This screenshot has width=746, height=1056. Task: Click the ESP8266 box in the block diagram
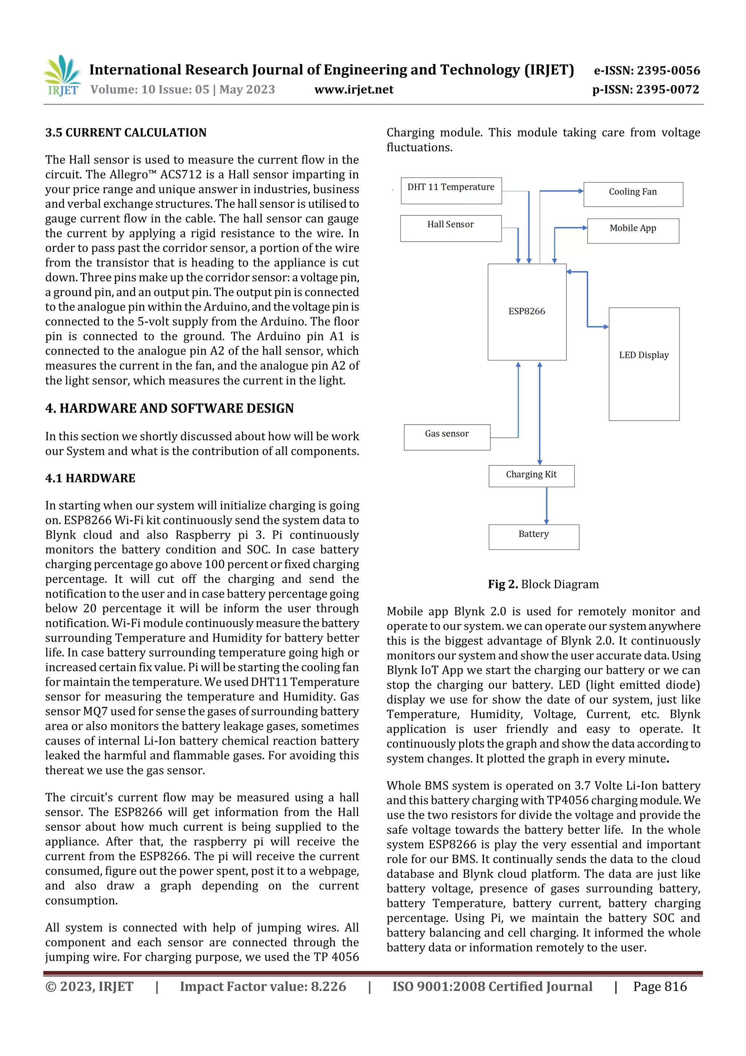tap(527, 312)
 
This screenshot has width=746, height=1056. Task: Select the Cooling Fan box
tap(633, 194)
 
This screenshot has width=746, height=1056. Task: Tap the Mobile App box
tap(633, 230)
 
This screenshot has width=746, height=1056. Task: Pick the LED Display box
tap(644, 363)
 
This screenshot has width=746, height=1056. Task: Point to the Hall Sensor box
tap(451, 228)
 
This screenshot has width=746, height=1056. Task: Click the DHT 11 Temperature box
tap(451, 190)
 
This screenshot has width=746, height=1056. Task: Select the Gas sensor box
tap(447, 437)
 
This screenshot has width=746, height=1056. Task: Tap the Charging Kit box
tap(531, 476)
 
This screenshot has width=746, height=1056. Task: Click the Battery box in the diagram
tap(534, 537)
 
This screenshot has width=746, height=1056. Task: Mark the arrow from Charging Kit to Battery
tap(546, 506)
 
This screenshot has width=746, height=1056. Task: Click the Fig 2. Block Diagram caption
tap(543, 584)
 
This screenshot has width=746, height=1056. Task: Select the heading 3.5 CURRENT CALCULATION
tap(126, 133)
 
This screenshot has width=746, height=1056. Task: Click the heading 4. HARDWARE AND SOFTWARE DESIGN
tap(169, 408)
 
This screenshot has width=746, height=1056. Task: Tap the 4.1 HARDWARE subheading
tap(90, 478)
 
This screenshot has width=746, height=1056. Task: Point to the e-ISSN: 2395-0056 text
tap(647, 70)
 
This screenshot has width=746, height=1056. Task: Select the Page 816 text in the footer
tap(660, 986)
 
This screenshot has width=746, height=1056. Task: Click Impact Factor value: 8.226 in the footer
tap(263, 986)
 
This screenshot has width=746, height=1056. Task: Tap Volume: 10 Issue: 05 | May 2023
tap(182, 90)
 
